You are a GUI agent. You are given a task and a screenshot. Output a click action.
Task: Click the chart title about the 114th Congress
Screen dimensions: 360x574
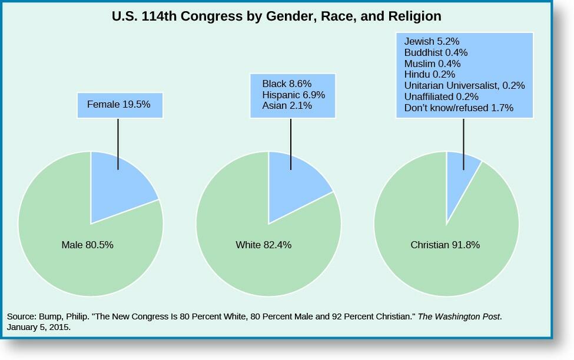coord(276,16)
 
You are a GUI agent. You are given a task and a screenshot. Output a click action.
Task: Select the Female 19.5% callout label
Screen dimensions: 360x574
coord(119,105)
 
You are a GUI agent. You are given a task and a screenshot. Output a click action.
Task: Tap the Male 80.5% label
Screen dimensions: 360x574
coord(87,245)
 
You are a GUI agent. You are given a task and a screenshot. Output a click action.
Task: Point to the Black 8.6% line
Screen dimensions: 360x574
coord(287,84)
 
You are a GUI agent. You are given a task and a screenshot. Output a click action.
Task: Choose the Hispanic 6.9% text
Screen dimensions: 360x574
coord(293,95)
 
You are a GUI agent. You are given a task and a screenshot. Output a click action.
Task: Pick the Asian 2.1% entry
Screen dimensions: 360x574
coord(287,106)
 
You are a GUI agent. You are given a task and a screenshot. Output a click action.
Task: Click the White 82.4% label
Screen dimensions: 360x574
coord(263,245)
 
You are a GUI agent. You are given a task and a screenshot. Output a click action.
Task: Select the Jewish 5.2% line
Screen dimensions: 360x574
coord(432,41)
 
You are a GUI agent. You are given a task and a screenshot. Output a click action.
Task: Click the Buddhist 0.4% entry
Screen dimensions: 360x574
coord(436,52)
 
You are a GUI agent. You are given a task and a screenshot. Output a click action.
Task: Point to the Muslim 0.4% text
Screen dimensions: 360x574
coord(432,64)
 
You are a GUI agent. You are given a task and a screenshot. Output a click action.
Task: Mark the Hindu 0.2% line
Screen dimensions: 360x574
coord(429,74)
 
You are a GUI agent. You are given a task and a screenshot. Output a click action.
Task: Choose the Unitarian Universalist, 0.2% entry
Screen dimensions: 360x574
coord(464,85)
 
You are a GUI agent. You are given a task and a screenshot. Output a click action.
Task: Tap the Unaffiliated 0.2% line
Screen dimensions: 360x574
coord(441,96)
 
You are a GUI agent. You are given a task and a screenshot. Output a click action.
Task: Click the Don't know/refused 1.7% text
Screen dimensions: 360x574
coord(459,108)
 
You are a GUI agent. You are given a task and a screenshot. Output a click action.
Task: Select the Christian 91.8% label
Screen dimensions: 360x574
coord(445,245)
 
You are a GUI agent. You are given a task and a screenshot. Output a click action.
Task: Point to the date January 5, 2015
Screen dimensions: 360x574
coord(39,327)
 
